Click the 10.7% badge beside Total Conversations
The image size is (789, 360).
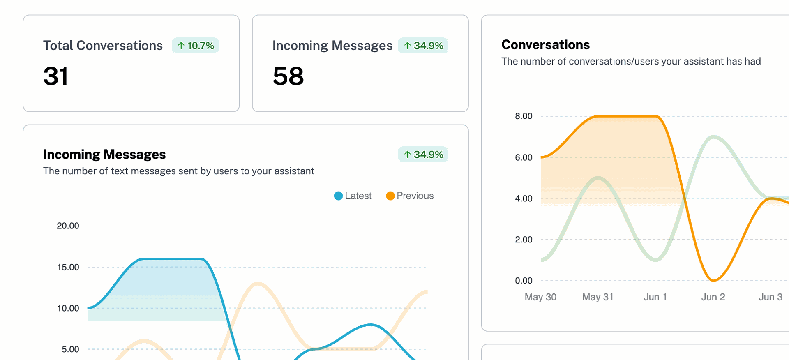196,46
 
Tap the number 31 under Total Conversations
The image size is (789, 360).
56,76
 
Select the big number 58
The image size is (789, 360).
288,76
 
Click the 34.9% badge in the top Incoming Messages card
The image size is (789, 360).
423,46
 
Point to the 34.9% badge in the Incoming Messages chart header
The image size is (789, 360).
423,155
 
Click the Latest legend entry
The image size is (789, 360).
353,196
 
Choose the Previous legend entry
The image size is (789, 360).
410,196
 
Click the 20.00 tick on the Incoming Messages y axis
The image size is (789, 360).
68,226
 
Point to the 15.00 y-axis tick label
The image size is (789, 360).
68,267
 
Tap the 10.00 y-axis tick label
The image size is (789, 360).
68,308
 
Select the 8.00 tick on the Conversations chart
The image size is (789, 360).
524,116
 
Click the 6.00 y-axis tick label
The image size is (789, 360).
524,157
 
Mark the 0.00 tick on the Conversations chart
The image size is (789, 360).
524,281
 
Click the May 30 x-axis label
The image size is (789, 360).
540,297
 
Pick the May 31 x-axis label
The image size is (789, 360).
598,297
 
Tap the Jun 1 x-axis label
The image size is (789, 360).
655,297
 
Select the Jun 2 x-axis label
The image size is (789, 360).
713,297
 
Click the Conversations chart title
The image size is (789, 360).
545,45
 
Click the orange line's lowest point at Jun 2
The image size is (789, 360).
713,281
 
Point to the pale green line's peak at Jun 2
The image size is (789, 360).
714,137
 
